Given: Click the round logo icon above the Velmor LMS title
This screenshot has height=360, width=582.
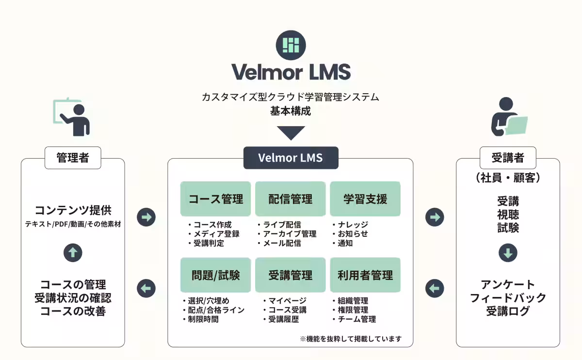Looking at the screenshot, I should (291, 45).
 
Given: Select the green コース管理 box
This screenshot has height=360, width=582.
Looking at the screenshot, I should (215, 198).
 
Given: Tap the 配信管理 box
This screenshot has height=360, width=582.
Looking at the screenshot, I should (290, 198).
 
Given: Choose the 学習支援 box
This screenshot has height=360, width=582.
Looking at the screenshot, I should (365, 198).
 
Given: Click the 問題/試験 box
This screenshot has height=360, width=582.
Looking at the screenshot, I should (215, 275).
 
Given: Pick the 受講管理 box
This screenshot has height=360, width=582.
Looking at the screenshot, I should (290, 275).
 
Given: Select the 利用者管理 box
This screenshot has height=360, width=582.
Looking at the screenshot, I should (365, 275).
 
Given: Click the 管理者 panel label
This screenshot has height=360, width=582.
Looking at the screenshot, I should (73, 158).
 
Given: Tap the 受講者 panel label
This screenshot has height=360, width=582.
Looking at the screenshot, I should (508, 158).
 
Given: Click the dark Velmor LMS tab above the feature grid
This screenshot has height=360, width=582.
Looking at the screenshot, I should (291, 158).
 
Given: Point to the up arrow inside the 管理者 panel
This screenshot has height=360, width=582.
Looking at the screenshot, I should (73, 252).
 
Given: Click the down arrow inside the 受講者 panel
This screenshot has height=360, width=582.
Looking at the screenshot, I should (508, 252).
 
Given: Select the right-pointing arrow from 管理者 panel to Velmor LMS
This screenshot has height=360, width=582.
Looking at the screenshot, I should (146, 217).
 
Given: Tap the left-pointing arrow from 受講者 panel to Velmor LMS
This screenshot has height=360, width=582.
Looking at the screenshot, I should (435, 289).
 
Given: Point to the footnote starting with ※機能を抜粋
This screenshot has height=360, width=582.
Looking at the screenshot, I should (351, 339).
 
